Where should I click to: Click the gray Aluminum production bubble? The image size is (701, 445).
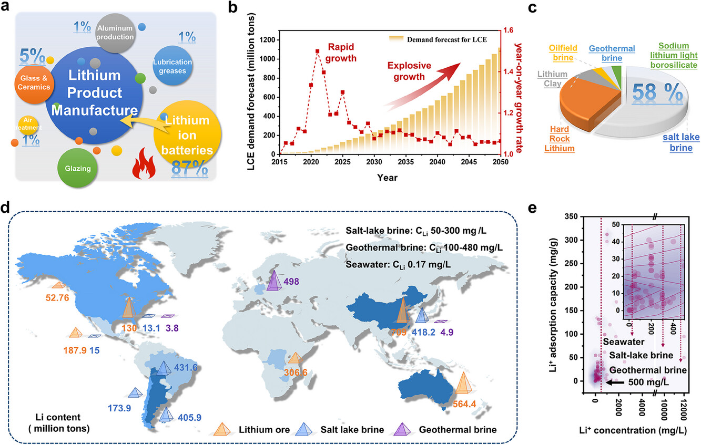[115, 33]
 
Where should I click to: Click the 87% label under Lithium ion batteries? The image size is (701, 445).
[188, 167]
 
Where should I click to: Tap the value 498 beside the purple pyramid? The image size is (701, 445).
[293, 282]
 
